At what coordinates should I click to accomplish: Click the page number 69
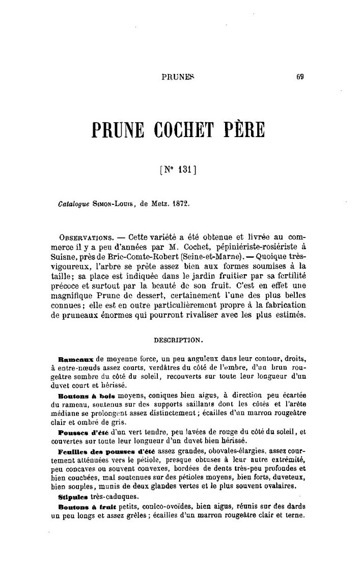[300, 77]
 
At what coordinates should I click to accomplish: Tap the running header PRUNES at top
[178, 77]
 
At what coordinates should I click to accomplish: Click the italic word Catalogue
[74, 204]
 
